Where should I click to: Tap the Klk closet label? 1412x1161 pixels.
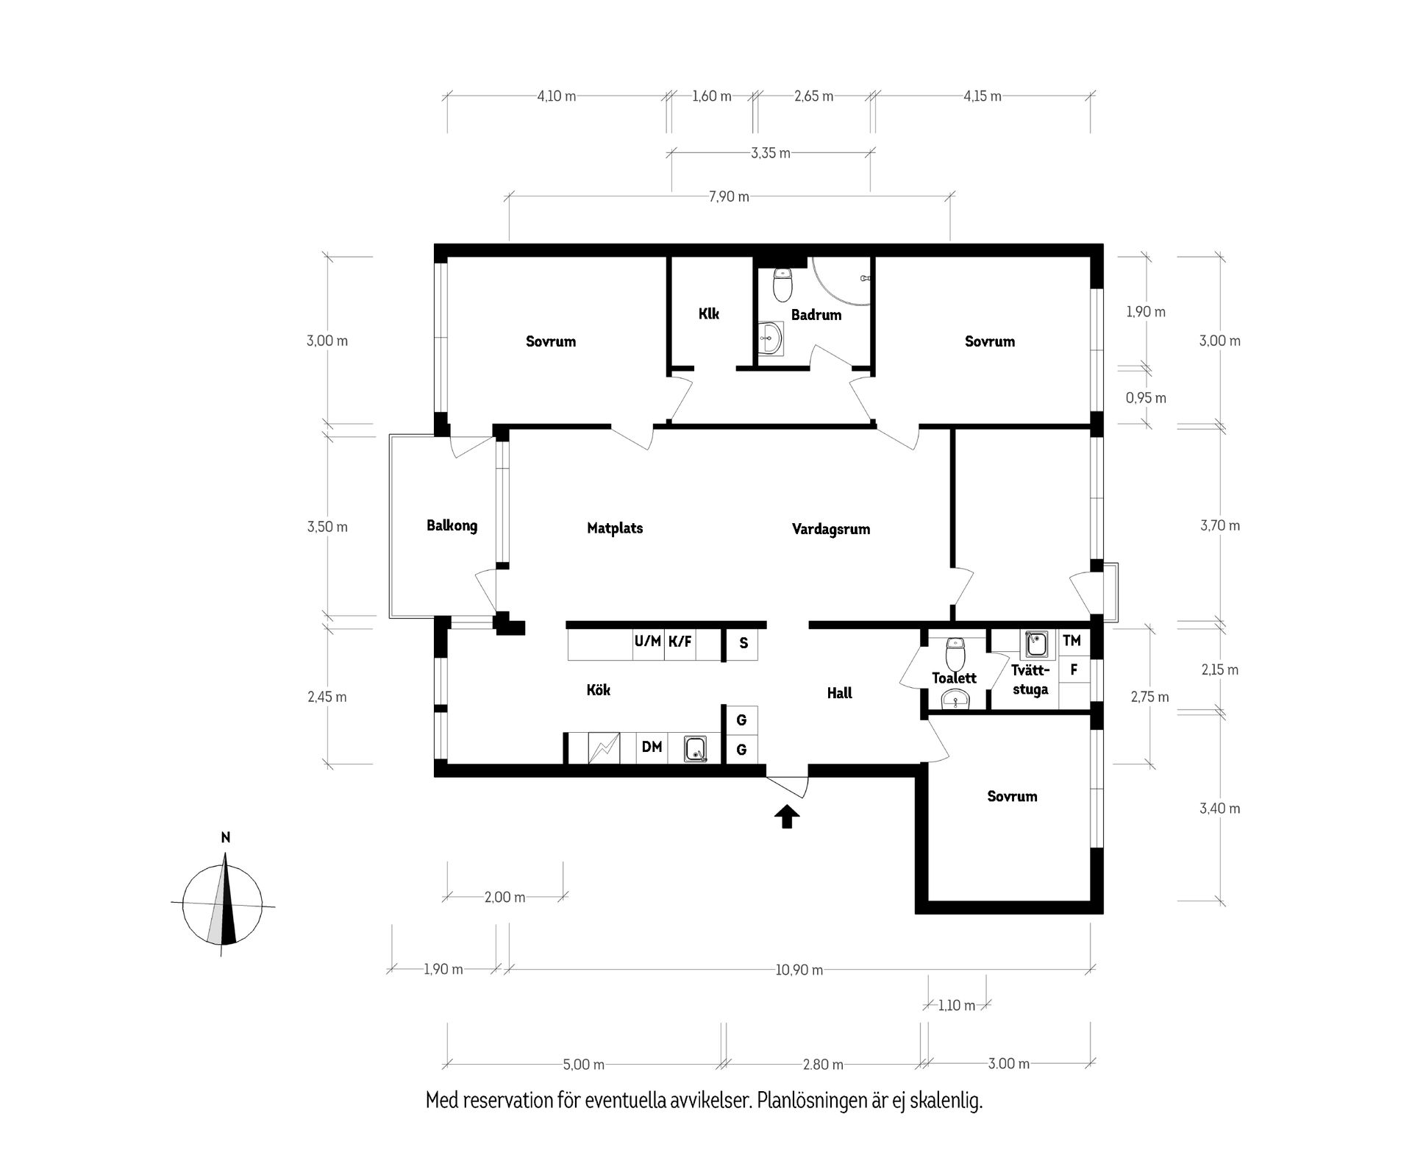709,314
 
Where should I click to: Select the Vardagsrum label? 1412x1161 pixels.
831,529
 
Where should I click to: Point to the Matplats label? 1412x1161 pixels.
615,528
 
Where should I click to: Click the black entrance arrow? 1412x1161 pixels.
787,816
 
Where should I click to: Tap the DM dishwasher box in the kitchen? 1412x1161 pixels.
652,748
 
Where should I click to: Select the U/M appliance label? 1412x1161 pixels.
648,642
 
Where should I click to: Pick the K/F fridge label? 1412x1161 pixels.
680,642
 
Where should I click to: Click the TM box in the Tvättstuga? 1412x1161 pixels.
1072,641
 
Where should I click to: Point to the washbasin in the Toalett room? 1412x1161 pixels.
956,700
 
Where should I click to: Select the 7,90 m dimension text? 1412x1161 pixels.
730,196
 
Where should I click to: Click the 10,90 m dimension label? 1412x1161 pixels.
799,970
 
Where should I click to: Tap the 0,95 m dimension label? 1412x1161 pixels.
1146,398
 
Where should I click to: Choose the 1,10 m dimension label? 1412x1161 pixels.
956,1005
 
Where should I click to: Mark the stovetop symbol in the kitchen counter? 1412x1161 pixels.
604,748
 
